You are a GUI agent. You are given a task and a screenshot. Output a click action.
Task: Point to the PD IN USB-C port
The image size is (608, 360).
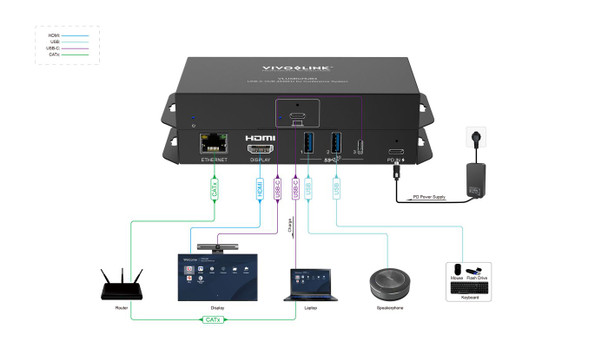(x=397, y=153)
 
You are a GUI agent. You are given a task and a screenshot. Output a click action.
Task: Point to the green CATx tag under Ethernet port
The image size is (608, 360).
(x=214, y=187)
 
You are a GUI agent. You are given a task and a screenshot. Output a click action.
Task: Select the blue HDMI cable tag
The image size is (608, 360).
(x=261, y=187)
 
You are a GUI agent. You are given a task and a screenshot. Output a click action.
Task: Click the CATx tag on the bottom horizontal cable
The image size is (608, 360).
(x=211, y=320)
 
